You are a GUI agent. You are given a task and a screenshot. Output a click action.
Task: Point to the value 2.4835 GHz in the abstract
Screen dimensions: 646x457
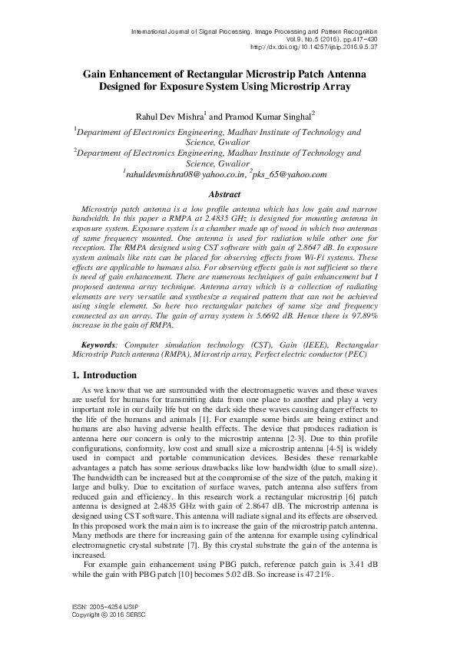244,219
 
